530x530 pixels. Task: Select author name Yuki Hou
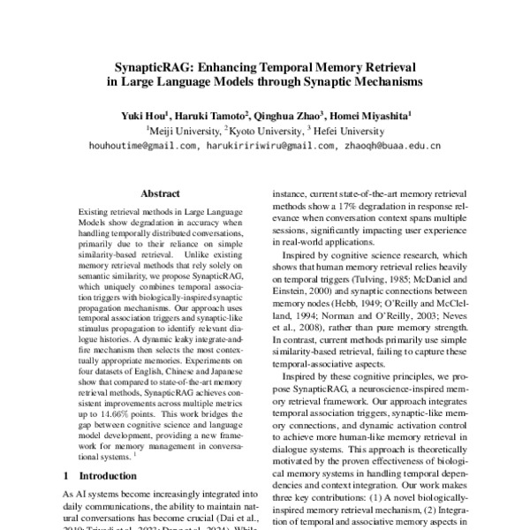142,115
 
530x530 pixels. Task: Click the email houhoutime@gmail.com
142,146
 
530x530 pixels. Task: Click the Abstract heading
161,193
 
